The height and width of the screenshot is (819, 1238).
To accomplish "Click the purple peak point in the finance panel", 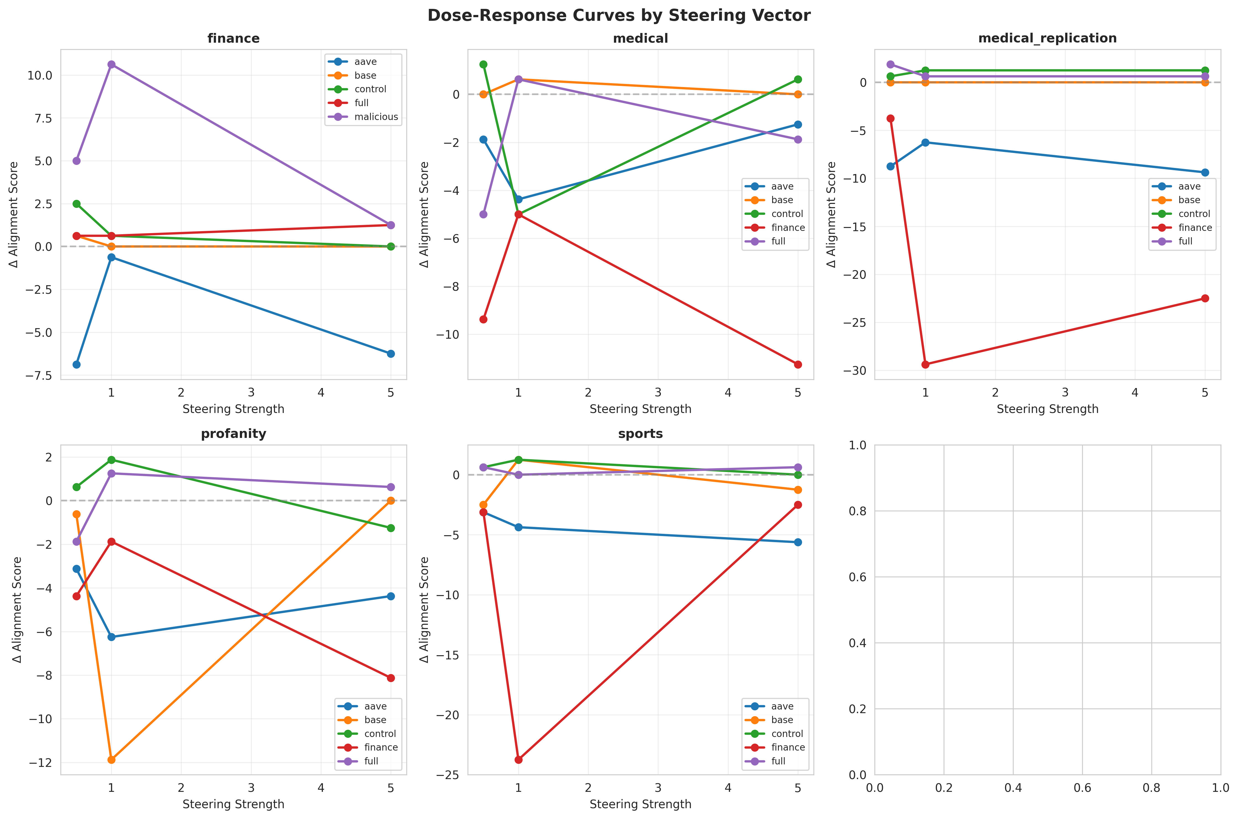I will coord(111,64).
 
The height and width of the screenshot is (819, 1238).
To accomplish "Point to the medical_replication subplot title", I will coord(1047,38).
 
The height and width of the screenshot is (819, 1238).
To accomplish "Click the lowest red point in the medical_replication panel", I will coord(925,364).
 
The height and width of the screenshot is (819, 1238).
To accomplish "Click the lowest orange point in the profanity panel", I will coord(111,759).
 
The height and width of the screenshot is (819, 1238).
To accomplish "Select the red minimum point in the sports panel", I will coord(518,759).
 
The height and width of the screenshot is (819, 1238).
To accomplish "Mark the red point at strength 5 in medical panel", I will coord(797,364).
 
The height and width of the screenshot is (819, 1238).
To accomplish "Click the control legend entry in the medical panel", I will coord(787,214).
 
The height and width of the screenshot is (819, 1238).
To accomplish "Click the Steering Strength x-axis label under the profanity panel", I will coord(233,804).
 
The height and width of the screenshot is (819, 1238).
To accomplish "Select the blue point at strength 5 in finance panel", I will coord(391,354).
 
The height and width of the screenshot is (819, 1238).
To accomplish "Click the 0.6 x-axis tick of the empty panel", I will coord(1082,787).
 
